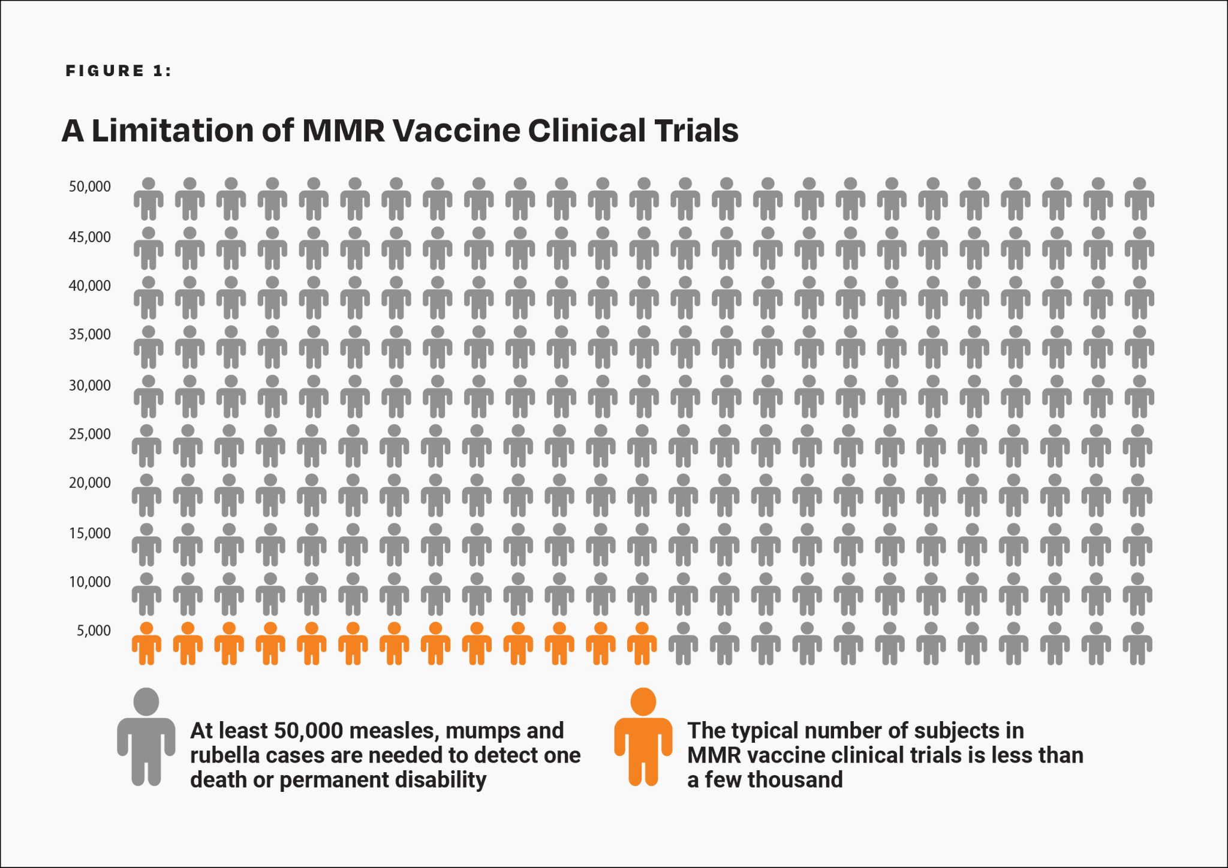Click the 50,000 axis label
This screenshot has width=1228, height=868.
(x=90, y=186)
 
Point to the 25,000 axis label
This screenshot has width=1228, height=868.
(x=90, y=434)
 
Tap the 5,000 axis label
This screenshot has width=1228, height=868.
(x=94, y=631)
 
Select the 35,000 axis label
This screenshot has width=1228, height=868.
(x=90, y=334)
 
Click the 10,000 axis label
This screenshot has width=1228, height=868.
(x=90, y=582)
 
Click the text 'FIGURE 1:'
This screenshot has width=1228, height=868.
(x=118, y=71)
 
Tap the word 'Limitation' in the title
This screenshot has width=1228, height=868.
(x=173, y=130)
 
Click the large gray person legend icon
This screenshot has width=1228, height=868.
(x=146, y=736)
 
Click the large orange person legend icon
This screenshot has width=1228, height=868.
(x=643, y=736)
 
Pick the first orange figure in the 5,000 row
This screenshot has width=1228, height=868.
(x=146, y=644)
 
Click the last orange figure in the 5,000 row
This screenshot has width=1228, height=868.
(x=642, y=644)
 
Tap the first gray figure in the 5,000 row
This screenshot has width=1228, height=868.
(x=683, y=644)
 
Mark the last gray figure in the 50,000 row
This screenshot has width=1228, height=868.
(x=1139, y=199)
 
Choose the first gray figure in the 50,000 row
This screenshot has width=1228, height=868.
(x=148, y=199)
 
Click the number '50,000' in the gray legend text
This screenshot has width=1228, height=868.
(x=308, y=731)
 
